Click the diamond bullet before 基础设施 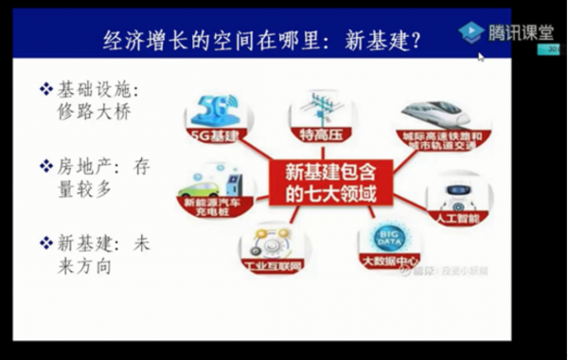(x=44, y=90)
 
